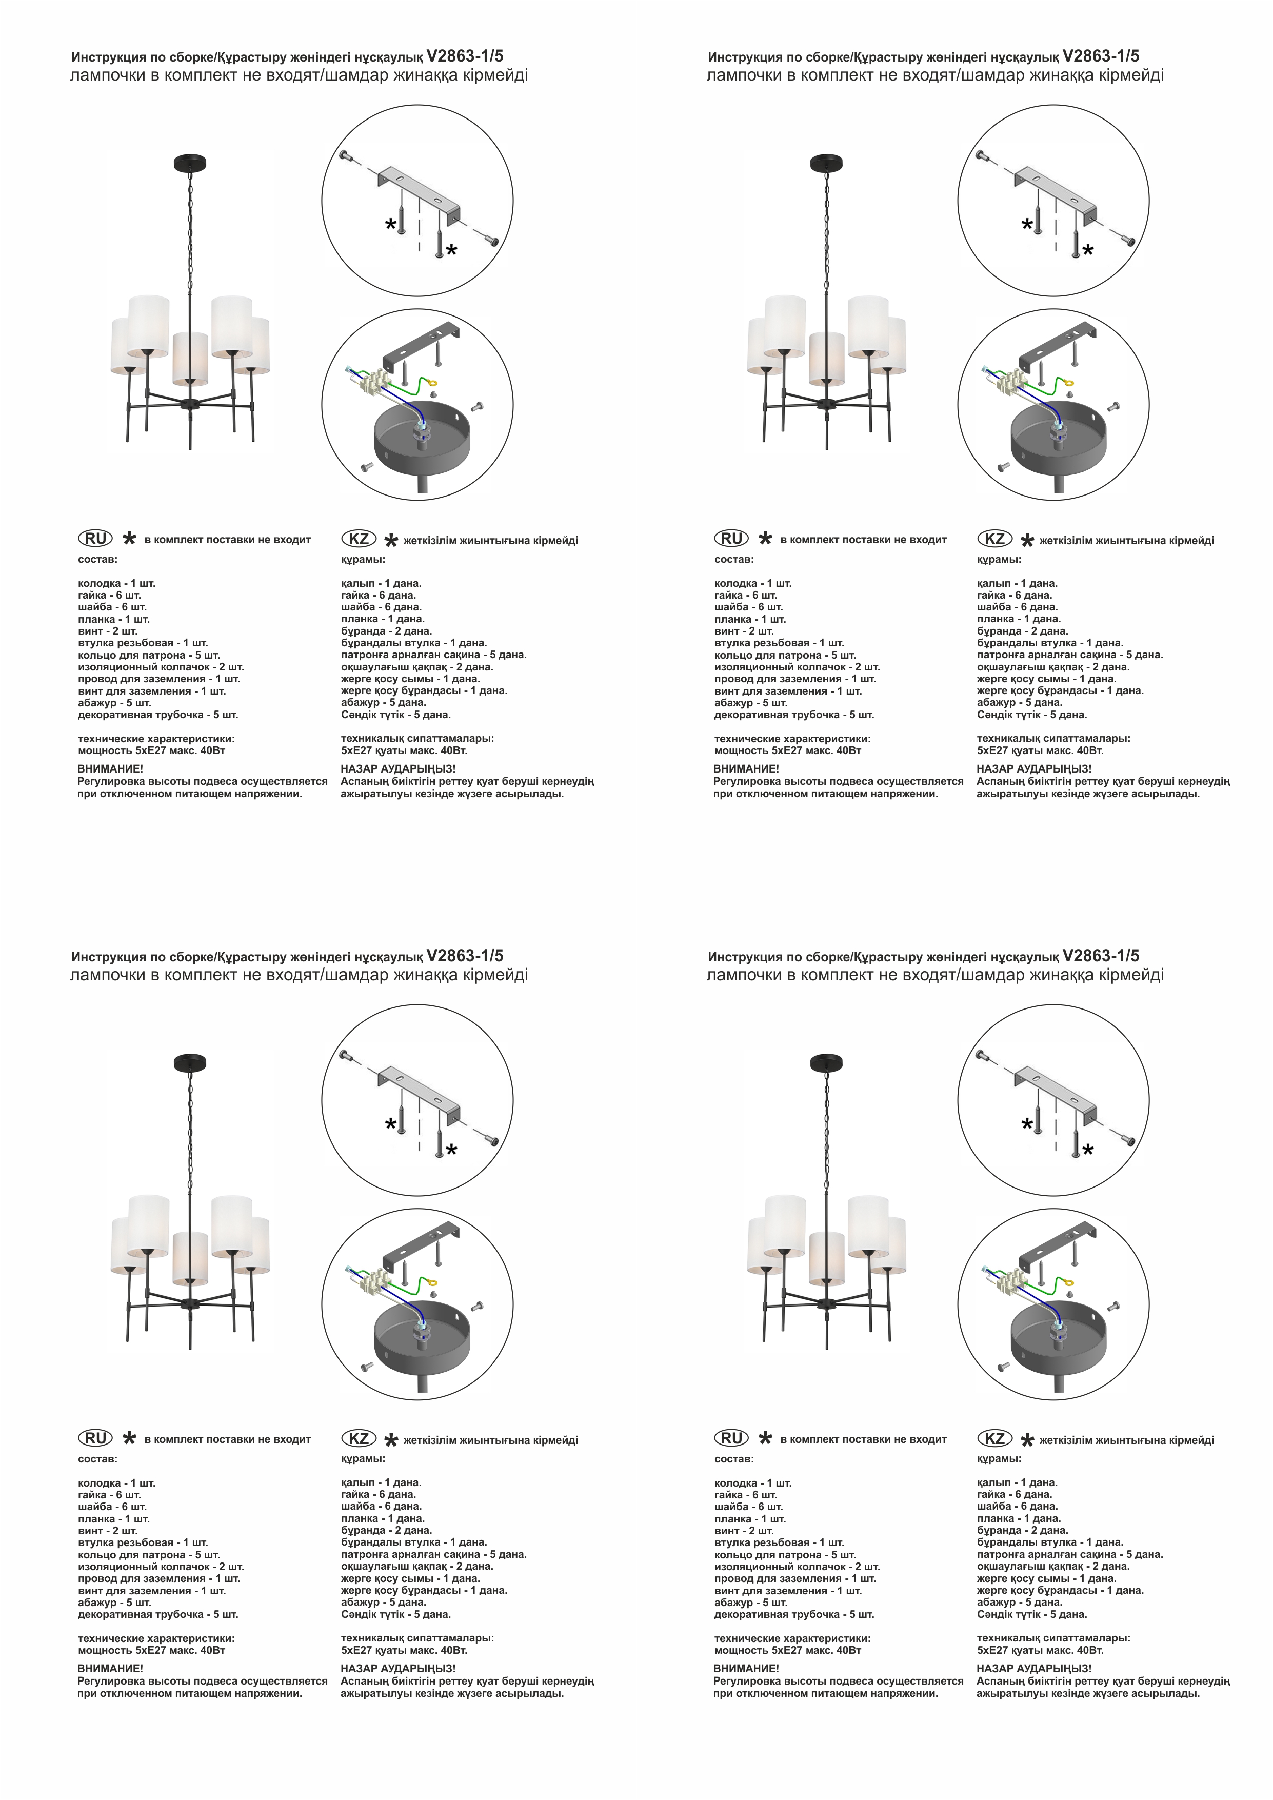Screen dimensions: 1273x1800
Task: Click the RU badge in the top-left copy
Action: (95, 539)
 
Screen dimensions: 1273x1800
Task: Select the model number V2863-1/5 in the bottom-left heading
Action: (465, 956)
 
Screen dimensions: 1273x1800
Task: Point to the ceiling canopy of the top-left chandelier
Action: (190, 164)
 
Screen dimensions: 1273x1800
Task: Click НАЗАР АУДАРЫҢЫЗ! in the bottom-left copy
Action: (398, 1669)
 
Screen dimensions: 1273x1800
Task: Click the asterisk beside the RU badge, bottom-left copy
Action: (129, 1438)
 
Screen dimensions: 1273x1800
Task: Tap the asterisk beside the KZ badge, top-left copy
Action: (391, 540)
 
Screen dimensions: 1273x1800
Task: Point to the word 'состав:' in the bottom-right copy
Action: (734, 1460)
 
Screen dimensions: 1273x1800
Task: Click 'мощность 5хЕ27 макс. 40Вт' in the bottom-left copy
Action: (151, 1650)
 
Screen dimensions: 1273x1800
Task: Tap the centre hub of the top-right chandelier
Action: (826, 405)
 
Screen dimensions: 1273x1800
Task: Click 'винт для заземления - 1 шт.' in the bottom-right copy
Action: (788, 1591)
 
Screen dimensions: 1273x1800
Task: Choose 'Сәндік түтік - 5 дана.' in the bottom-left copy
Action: (396, 1614)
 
